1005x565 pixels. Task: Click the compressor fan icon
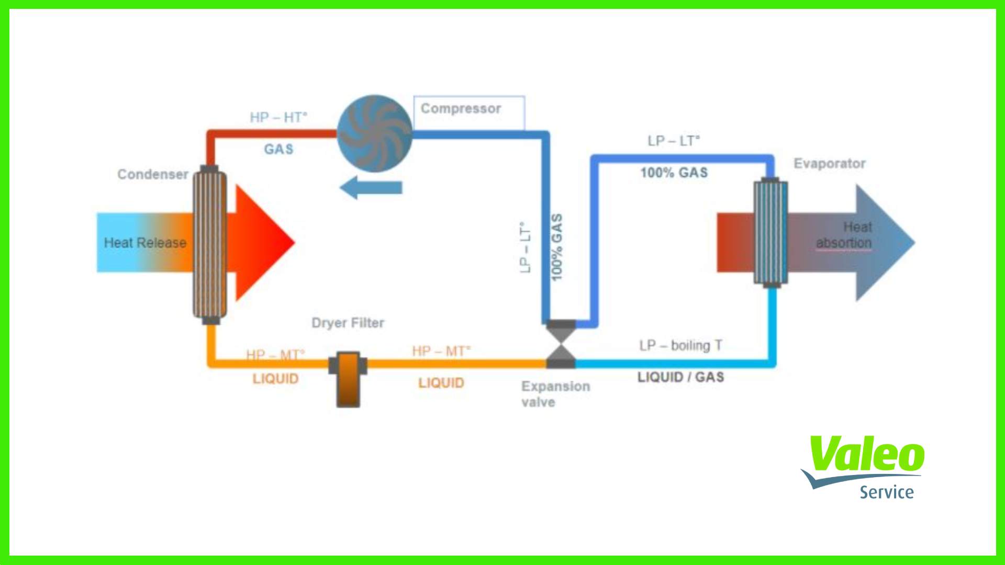coord(374,133)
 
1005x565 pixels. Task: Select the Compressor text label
coord(461,109)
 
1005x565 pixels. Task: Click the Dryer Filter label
coord(348,323)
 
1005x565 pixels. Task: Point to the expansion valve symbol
coord(561,344)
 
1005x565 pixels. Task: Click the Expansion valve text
coord(555,394)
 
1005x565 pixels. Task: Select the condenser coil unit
coord(210,244)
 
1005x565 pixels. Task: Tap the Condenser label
coord(152,174)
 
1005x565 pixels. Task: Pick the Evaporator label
coord(829,164)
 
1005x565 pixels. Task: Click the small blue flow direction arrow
coord(371,187)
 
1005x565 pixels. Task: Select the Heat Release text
coord(145,243)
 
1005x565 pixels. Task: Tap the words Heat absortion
coord(844,235)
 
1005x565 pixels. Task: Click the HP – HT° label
coord(278,117)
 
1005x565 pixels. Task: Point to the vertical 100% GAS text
coord(557,247)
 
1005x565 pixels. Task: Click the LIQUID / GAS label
coord(680,377)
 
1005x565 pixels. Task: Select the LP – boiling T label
coord(680,346)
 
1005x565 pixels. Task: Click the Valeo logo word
coord(866,454)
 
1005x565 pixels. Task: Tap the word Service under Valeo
coord(886,492)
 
